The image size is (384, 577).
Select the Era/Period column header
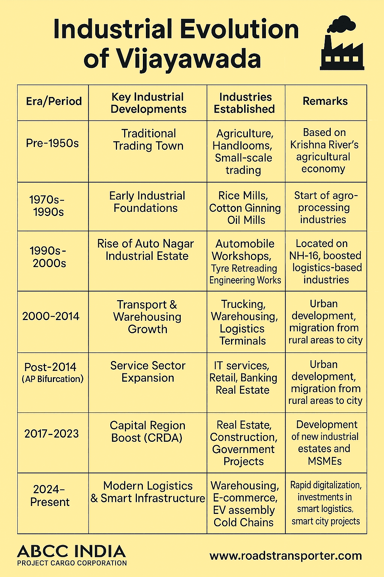54,101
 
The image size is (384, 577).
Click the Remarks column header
325,101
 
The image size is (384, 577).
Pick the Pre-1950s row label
52,143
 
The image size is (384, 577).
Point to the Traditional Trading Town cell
148,140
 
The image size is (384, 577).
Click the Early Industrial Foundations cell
147,202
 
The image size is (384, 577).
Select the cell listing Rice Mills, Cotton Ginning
245,208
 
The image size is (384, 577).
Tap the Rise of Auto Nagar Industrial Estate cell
146,250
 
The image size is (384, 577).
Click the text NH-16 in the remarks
304,256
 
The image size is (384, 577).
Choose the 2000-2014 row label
51,316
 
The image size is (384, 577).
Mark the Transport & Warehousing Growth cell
147,317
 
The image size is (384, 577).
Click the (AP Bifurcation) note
52,379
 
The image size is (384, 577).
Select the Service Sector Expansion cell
148,372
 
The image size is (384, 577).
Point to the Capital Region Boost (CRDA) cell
147,432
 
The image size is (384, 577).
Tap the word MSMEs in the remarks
325,461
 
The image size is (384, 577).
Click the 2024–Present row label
49,496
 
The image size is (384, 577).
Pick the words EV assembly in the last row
244,510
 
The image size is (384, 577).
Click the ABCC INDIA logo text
71,551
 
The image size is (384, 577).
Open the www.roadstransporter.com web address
286,556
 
